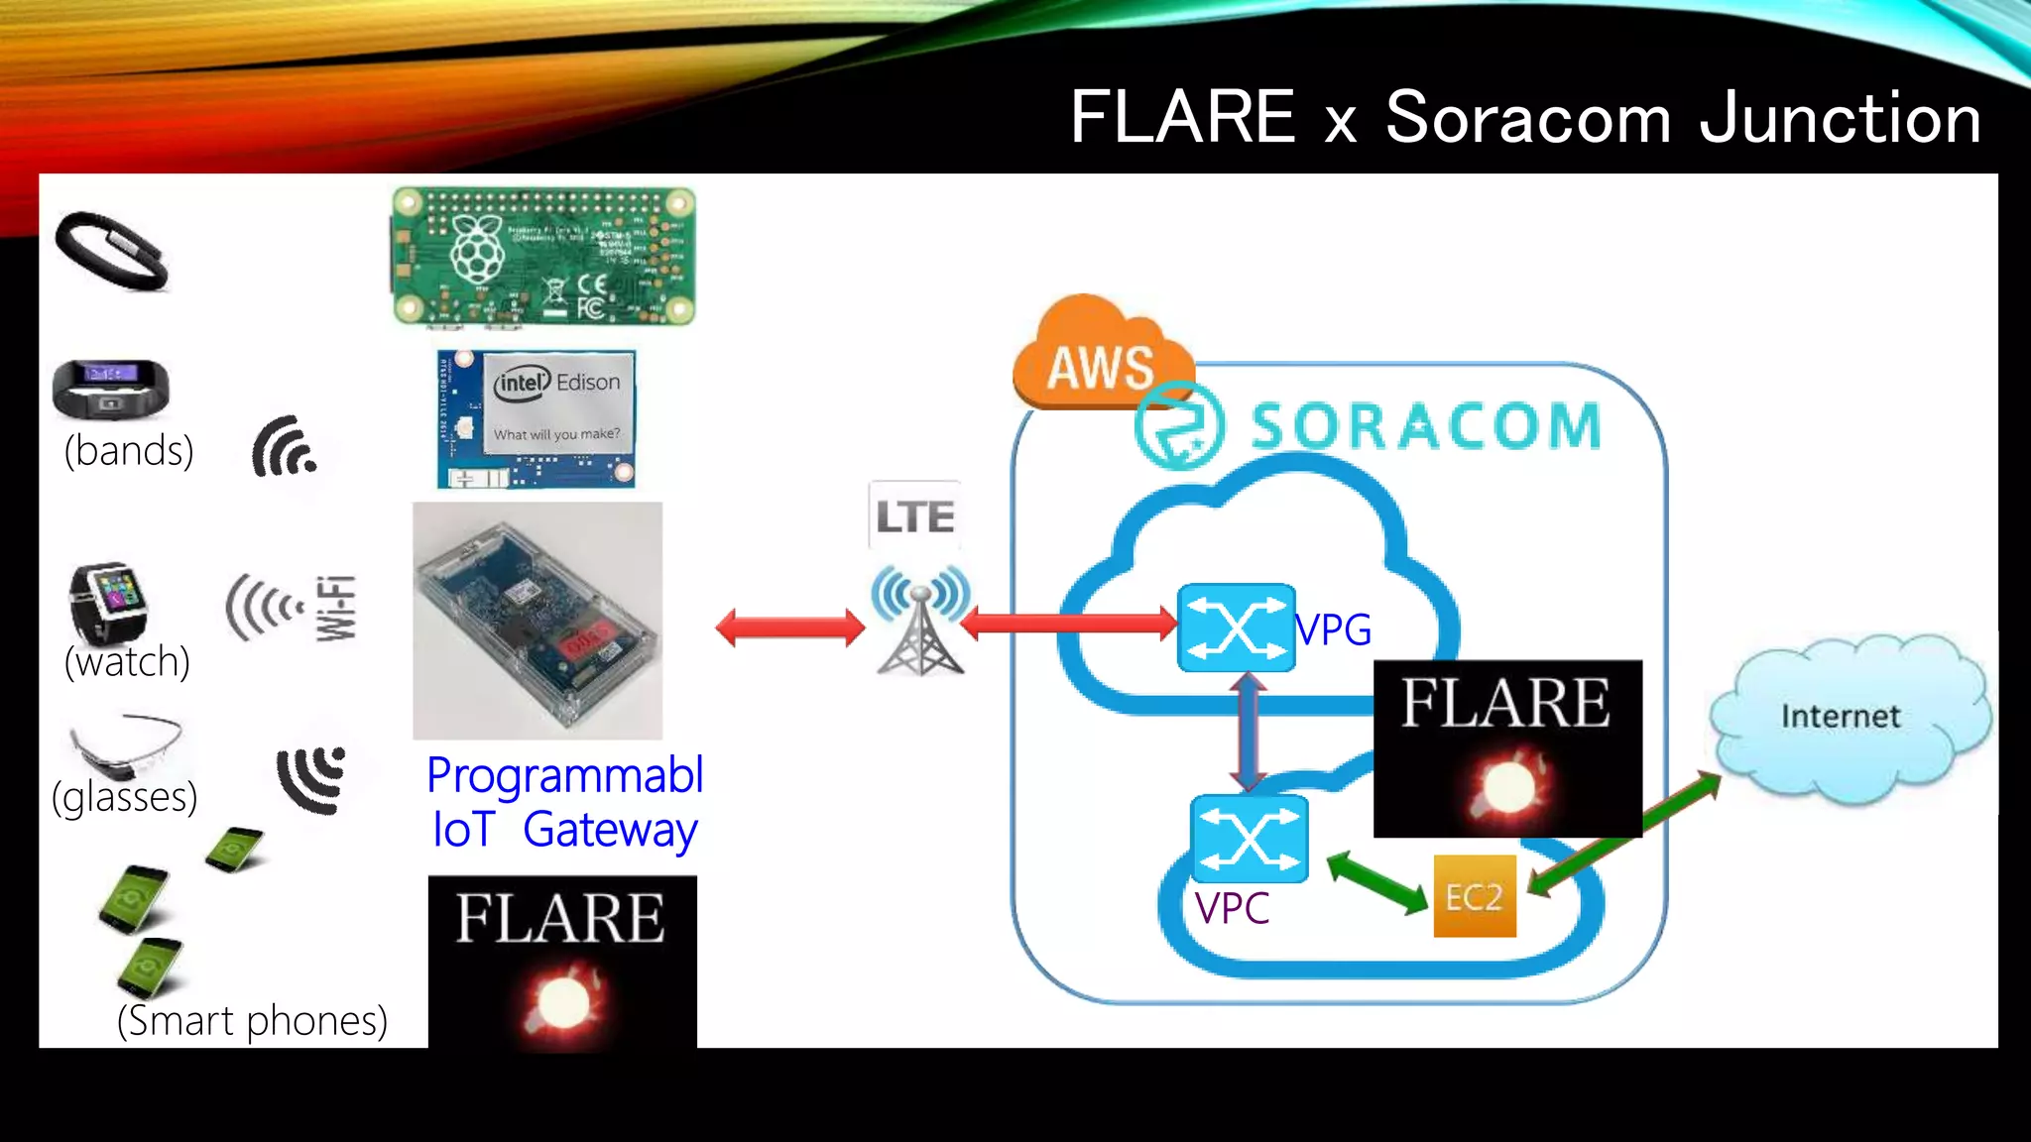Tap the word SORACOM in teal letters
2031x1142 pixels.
pyautogui.click(x=1425, y=426)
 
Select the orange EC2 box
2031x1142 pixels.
pyautogui.click(x=1475, y=896)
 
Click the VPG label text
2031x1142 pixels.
pyautogui.click(x=1335, y=629)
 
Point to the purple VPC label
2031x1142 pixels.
pyautogui.click(x=1232, y=908)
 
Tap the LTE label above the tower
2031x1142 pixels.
pyautogui.click(x=914, y=516)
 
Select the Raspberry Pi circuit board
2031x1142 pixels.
pyautogui.click(x=543, y=257)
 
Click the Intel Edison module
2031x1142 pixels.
pyautogui.click(x=537, y=418)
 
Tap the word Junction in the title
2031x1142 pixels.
pyautogui.click(x=1841, y=119)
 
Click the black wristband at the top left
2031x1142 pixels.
pyautogui.click(x=111, y=252)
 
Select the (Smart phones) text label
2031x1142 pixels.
pyautogui.click(x=252, y=1020)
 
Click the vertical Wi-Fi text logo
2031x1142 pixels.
pyautogui.click(x=337, y=608)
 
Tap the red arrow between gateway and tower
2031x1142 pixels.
pyautogui.click(x=789, y=628)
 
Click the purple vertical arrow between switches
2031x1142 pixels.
pyautogui.click(x=1248, y=732)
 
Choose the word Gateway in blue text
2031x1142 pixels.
pyautogui.click(x=610, y=831)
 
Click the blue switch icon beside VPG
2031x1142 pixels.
pyautogui.click(x=1236, y=628)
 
